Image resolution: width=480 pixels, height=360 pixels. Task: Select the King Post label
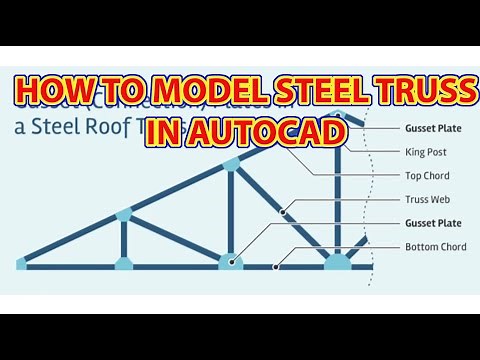point(425,152)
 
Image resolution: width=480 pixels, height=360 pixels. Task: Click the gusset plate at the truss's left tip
point(21,264)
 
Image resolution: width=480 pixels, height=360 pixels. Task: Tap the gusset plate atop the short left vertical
point(123,213)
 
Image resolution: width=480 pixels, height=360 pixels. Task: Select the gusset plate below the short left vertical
point(123,264)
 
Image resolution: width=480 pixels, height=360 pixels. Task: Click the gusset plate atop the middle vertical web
point(231,161)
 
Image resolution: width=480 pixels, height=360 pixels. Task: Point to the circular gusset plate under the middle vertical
point(231,263)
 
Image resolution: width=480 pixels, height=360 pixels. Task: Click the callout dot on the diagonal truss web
point(284,211)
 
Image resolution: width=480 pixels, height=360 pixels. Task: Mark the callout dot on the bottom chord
point(277,267)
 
